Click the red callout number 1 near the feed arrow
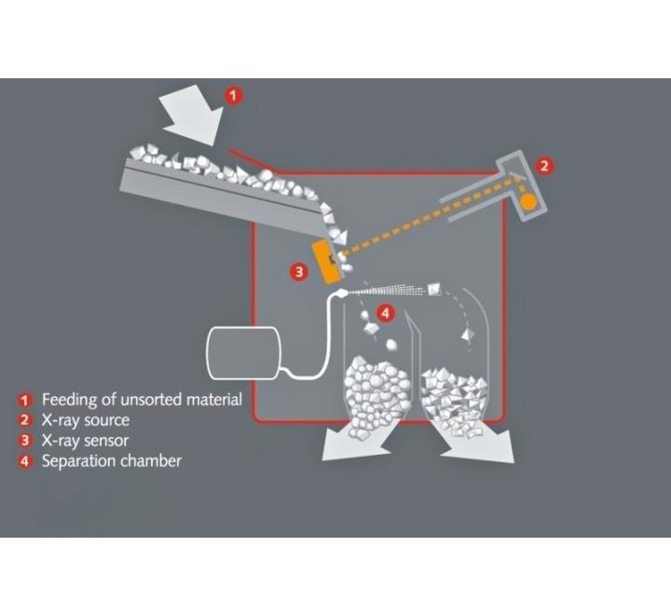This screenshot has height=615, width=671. point(233,95)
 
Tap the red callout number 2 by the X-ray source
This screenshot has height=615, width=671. point(544,166)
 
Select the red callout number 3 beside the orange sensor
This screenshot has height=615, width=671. point(299,272)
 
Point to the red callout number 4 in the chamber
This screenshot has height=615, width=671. point(385,313)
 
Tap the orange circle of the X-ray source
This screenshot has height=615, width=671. point(527,200)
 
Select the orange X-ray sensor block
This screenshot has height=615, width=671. point(327,262)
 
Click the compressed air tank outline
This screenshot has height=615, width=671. point(243,353)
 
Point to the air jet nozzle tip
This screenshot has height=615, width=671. point(343,294)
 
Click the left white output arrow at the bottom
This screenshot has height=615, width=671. point(359,440)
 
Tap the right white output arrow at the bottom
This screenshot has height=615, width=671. point(478,442)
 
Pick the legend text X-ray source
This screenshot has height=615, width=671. point(86,420)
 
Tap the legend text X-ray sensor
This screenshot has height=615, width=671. point(85,441)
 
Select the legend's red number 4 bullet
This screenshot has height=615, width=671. point(25,461)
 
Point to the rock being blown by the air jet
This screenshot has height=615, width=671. point(433,289)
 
